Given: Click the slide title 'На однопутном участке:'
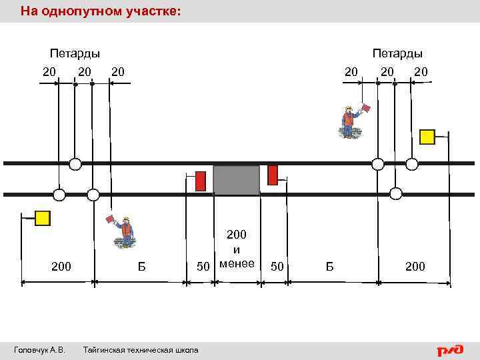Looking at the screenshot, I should point(100,11).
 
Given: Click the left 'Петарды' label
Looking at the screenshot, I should point(75,53).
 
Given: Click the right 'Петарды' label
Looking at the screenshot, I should point(397,53).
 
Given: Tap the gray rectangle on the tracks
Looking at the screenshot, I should point(236,180).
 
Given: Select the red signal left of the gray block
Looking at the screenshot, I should point(200,181).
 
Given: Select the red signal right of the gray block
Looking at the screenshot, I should point(272,175).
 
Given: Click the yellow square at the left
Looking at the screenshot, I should point(43,218).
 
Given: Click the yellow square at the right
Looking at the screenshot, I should point(427,137).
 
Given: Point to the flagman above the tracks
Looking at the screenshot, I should point(349,121).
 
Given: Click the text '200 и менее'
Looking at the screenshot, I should point(237,249).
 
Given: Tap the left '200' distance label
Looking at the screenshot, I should point(61,267).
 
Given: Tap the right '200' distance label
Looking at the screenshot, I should point(415,267).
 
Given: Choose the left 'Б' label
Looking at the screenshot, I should point(141,267).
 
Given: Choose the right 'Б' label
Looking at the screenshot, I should point(329,267).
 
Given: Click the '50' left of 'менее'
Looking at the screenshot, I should point(203,267).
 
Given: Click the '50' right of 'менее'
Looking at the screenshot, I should point(277,267).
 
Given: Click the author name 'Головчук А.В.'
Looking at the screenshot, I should point(39,350).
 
